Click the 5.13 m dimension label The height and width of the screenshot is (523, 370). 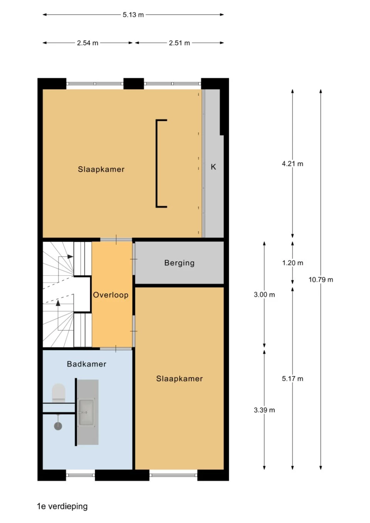point(133,15)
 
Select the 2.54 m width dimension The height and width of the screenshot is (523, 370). point(87,43)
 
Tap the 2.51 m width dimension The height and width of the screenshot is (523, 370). point(179,43)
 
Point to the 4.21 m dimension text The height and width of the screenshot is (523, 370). point(292,164)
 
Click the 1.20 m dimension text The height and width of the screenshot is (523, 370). point(292,263)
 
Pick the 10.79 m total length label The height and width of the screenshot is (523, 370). point(321,280)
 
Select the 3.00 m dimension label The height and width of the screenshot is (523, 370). point(264,295)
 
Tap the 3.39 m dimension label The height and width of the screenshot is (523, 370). point(264,410)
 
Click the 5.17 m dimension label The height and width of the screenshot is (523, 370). point(292,379)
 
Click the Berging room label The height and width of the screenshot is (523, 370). point(179,263)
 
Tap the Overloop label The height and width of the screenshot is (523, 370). point(111,295)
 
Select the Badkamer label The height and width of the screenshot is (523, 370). point(86,364)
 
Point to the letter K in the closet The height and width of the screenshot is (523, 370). point(213,167)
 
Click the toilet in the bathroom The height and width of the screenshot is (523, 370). point(59,392)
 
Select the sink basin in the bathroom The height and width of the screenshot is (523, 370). point(86,412)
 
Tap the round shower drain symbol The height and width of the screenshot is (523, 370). point(58,426)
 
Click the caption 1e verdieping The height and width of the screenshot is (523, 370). point(62,506)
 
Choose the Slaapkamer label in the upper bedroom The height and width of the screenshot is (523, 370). point(101,169)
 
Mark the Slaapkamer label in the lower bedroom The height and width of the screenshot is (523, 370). point(179,379)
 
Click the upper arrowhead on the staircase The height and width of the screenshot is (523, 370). point(70,256)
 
